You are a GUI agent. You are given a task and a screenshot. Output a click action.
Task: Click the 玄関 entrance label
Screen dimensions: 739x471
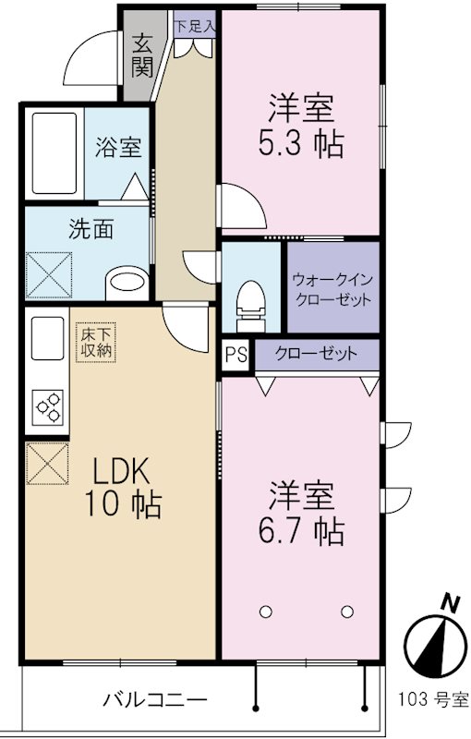142,55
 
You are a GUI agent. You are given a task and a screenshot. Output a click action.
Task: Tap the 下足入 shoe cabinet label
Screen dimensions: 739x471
195,26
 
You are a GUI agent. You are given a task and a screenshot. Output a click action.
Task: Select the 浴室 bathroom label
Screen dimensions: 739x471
118,149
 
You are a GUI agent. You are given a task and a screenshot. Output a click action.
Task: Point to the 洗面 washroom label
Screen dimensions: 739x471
91,228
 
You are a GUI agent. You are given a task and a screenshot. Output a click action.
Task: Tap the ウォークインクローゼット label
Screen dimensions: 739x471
332,288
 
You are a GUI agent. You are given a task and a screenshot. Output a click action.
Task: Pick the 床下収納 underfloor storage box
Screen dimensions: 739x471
92,343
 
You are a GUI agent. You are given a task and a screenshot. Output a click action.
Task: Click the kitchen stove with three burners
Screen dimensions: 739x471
47,406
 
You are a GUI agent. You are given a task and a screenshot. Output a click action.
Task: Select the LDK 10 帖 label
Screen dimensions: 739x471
125,488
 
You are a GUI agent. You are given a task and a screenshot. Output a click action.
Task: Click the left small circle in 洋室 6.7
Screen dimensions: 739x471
267,611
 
